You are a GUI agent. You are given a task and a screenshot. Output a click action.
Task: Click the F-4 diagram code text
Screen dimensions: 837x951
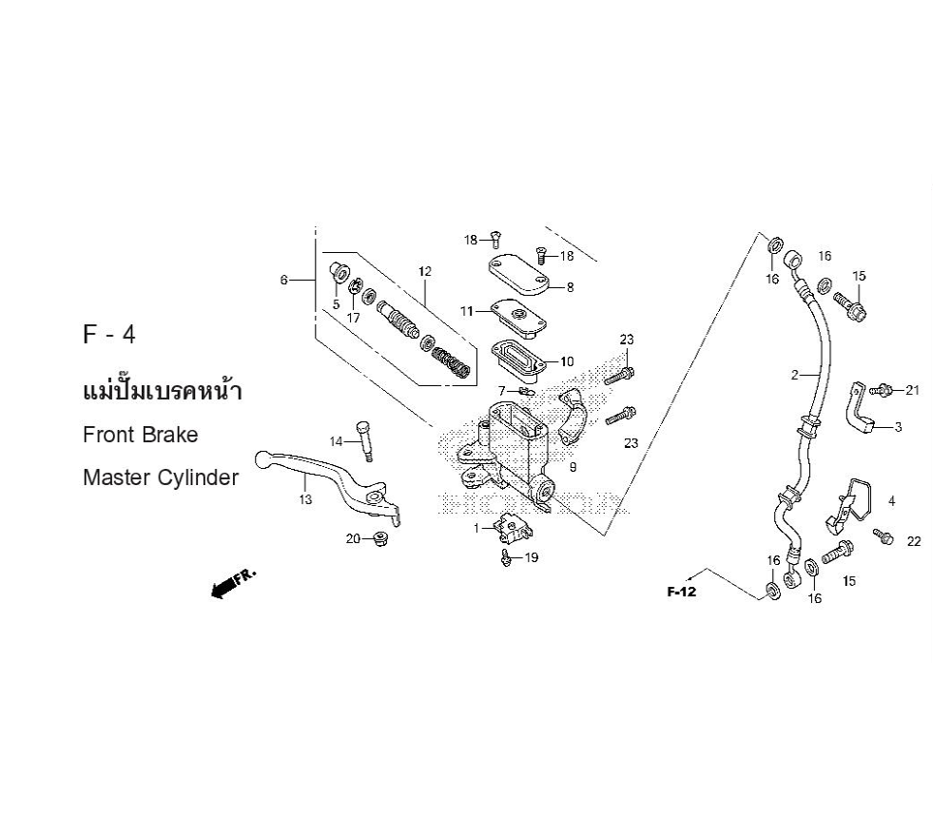(109, 337)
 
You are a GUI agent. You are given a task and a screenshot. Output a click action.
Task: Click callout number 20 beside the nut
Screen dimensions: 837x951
(352, 539)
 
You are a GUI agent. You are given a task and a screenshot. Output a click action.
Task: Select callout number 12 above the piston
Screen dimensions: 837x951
(424, 271)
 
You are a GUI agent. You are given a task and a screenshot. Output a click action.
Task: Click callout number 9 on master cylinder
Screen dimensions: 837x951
(573, 467)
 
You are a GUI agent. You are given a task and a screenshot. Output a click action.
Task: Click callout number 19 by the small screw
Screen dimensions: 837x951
(532, 557)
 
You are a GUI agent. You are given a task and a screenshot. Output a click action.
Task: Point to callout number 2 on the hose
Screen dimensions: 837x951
(795, 375)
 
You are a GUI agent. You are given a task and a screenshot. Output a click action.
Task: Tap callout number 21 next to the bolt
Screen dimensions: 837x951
(913, 390)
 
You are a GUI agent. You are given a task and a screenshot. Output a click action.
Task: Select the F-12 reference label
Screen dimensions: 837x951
(682, 593)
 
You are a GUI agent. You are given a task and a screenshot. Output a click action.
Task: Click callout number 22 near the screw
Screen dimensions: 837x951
(914, 541)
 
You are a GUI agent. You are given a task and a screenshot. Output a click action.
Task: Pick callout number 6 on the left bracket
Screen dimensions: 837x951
(283, 280)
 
